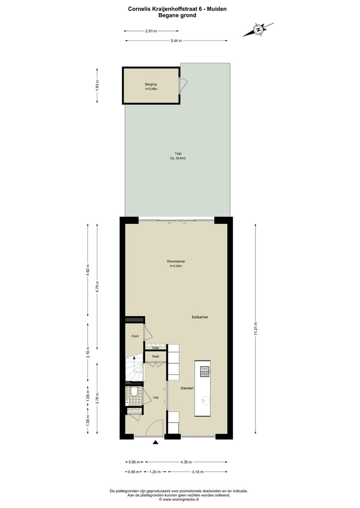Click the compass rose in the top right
click(258, 29)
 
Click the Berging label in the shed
click(150, 84)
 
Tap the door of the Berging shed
click(183, 86)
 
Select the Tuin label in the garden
click(178, 153)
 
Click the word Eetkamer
click(200, 317)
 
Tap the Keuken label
click(187, 388)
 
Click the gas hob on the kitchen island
click(205, 372)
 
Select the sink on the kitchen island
click(205, 400)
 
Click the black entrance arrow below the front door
click(155, 442)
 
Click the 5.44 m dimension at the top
click(175, 40)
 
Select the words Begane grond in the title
click(177, 15)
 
